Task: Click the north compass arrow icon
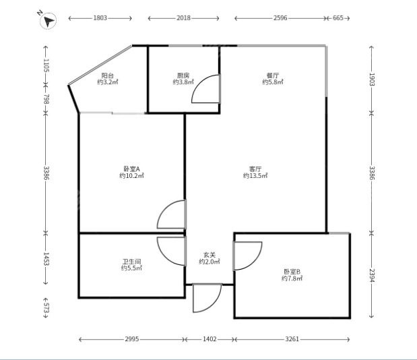click(x=48, y=20)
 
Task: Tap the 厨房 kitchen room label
click(x=183, y=76)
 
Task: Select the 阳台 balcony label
click(x=107, y=76)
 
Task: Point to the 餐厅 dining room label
click(x=273, y=76)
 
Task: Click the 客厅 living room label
click(x=255, y=169)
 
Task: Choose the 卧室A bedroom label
click(x=131, y=169)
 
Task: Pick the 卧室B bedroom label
click(x=292, y=272)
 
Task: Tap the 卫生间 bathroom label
click(x=131, y=262)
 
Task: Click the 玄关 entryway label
click(x=210, y=255)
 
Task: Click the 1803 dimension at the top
click(x=100, y=18)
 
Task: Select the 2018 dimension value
click(x=183, y=18)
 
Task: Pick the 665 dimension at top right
click(x=338, y=18)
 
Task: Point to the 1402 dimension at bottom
click(x=210, y=339)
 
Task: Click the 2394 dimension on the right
click(x=371, y=276)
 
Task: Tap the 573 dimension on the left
click(x=46, y=307)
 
